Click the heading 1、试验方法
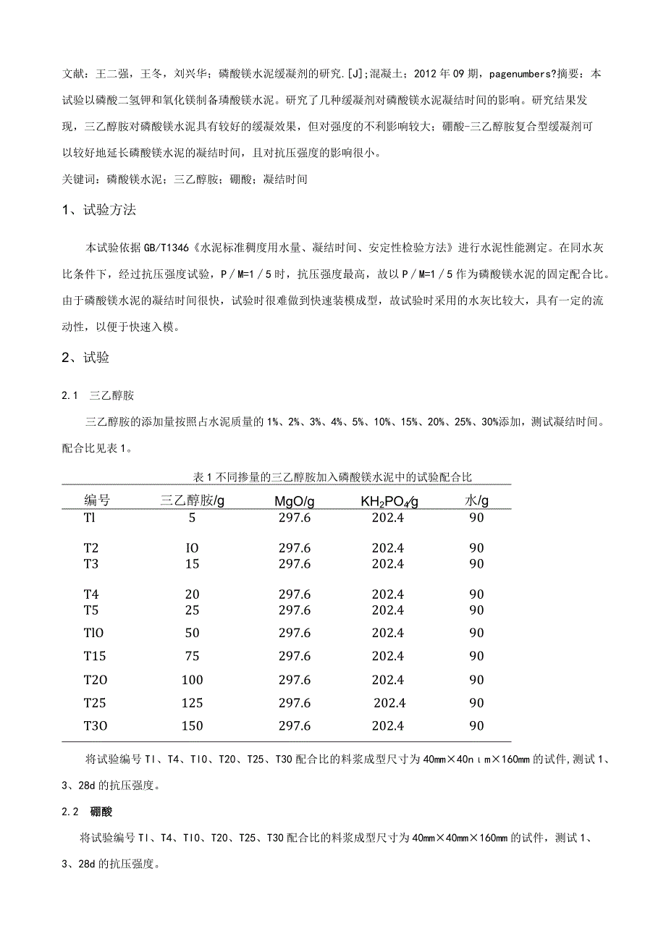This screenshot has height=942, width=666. click(x=99, y=211)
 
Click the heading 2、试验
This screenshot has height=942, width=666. click(x=85, y=357)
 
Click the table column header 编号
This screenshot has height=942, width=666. click(x=97, y=500)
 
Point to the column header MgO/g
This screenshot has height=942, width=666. click(x=294, y=501)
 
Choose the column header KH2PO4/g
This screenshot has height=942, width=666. click(x=389, y=501)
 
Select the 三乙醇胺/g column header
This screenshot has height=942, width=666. click(x=192, y=500)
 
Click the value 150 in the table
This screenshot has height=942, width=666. click(x=192, y=726)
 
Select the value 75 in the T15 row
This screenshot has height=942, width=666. click(x=192, y=656)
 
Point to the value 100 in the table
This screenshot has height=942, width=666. click(x=192, y=679)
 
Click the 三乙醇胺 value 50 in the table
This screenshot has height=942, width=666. click(x=192, y=633)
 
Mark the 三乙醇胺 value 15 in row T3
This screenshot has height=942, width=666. click(x=192, y=563)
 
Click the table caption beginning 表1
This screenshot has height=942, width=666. click(x=333, y=476)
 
